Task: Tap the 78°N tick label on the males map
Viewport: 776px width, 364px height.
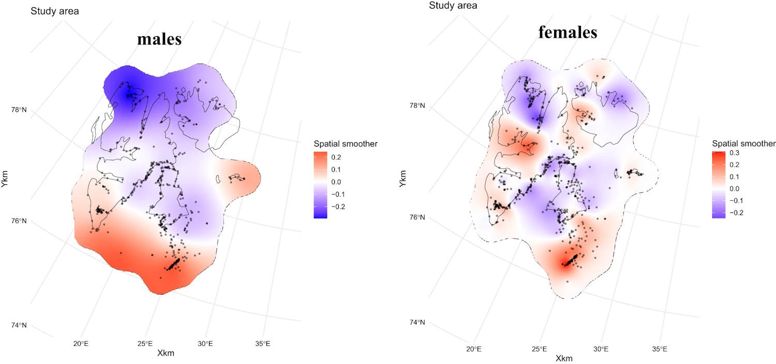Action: [x=19, y=110]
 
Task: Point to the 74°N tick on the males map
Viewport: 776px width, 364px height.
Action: [x=19, y=325]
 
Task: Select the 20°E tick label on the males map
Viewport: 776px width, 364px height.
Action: [x=84, y=343]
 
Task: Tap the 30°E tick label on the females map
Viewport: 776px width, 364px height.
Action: [x=601, y=348]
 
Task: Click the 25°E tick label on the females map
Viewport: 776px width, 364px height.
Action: [x=540, y=348]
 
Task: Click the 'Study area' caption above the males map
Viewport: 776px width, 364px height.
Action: [x=54, y=11]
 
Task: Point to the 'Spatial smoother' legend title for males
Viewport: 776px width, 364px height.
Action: [x=346, y=143]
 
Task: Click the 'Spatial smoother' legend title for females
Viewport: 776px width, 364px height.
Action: [x=744, y=143]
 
